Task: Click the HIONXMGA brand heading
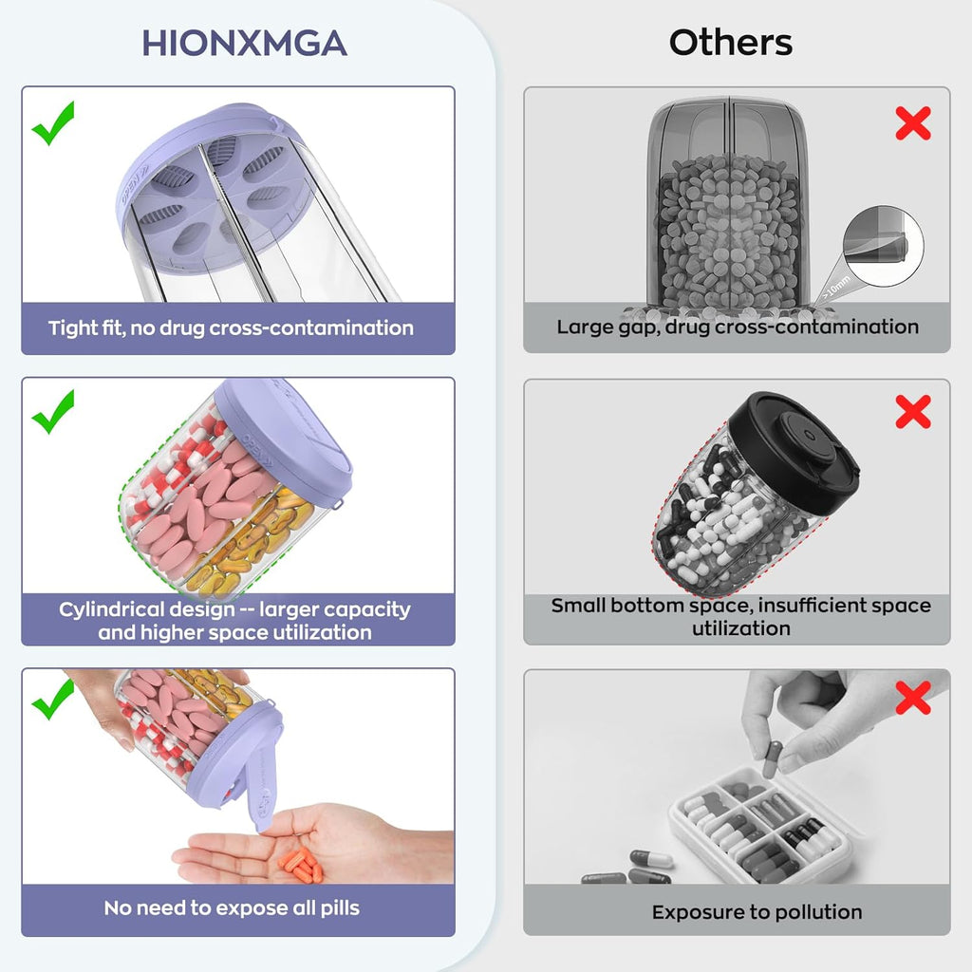tap(244, 44)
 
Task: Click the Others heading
tap(730, 43)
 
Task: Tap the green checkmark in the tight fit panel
tap(53, 122)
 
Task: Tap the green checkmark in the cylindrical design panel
tap(53, 412)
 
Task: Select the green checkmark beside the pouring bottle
tap(53, 699)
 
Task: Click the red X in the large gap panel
tap(913, 122)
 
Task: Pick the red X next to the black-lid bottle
tap(913, 412)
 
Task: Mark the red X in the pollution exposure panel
tap(913, 698)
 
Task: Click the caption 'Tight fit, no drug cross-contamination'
tap(231, 327)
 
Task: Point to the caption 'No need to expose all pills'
tap(232, 908)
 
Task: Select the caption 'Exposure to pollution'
tap(757, 912)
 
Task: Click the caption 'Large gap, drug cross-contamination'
tap(737, 327)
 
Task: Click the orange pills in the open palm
tap(301, 866)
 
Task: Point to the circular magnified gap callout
tap(884, 246)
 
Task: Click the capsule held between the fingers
tap(772, 758)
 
